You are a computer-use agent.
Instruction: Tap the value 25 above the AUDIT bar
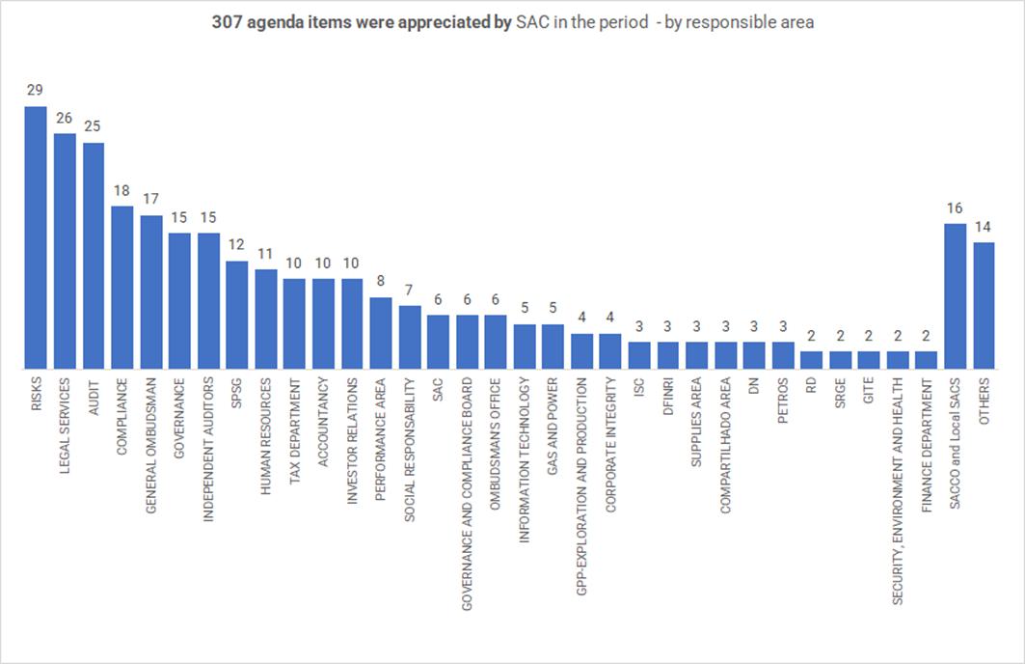click(x=93, y=126)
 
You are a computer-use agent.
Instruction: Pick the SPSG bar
click(x=236, y=315)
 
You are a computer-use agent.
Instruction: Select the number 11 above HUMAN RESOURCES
click(x=265, y=254)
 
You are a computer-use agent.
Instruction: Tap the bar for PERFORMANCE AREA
click(x=381, y=333)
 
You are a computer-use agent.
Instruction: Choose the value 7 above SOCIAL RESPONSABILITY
click(x=409, y=290)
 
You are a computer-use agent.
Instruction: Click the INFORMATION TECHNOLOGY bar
click(x=525, y=346)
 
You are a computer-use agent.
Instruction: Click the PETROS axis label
click(x=783, y=399)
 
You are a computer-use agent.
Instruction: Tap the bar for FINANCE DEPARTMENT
click(x=926, y=360)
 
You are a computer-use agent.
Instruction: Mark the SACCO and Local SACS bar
click(x=955, y=296)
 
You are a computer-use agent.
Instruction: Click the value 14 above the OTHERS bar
click(x=984, y=227)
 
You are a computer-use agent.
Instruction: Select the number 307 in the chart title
click(x=228, y=22)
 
